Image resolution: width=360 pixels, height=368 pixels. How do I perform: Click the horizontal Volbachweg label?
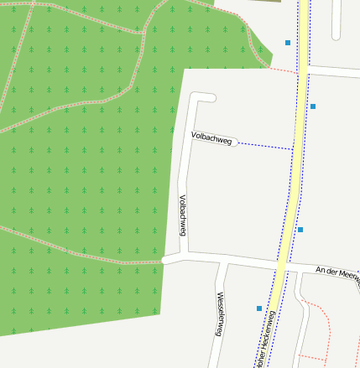(211, 137)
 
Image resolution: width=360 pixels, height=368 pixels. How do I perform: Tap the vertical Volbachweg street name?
(182, 215)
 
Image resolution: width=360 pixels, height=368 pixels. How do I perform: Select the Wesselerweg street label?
(219, 314)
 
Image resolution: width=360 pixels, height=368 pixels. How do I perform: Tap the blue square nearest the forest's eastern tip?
(288, 42)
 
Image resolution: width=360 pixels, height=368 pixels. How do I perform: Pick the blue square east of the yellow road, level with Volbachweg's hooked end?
(313, 106)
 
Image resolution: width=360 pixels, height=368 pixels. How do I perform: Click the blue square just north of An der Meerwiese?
(300, 229)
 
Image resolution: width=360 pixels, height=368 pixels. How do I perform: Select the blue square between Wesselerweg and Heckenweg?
(259, 308)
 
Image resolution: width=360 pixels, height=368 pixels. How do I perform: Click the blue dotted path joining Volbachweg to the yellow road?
(264, 146)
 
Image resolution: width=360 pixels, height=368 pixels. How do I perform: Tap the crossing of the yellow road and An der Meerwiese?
(286, 267)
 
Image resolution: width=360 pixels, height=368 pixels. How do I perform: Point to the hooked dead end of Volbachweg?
(211, 98)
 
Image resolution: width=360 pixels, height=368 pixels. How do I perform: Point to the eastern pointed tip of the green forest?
(270, 65)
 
